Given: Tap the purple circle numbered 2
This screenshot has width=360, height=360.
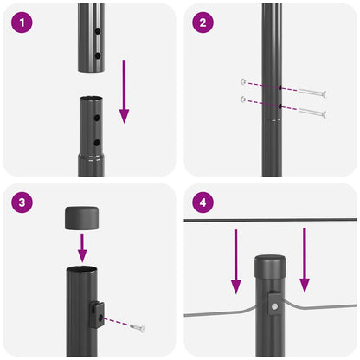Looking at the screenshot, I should point(203,23).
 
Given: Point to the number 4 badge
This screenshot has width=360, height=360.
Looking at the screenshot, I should point(203,203).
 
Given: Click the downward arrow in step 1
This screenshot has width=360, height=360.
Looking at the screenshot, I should point(124,91).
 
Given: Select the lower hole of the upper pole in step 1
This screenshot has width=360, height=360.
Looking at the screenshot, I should point(97,55).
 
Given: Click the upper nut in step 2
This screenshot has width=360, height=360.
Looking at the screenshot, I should point(243,83).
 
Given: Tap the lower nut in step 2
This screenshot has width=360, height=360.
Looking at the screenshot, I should point(243,100).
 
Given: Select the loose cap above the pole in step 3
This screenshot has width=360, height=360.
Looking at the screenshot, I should point(83,218).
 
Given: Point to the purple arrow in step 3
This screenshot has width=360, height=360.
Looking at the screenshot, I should point(83,248).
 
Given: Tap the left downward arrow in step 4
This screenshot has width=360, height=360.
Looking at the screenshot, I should point(235,260).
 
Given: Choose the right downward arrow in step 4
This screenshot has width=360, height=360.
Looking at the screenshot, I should point(304,260).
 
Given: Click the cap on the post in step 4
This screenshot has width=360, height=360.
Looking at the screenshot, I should point(271,262).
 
